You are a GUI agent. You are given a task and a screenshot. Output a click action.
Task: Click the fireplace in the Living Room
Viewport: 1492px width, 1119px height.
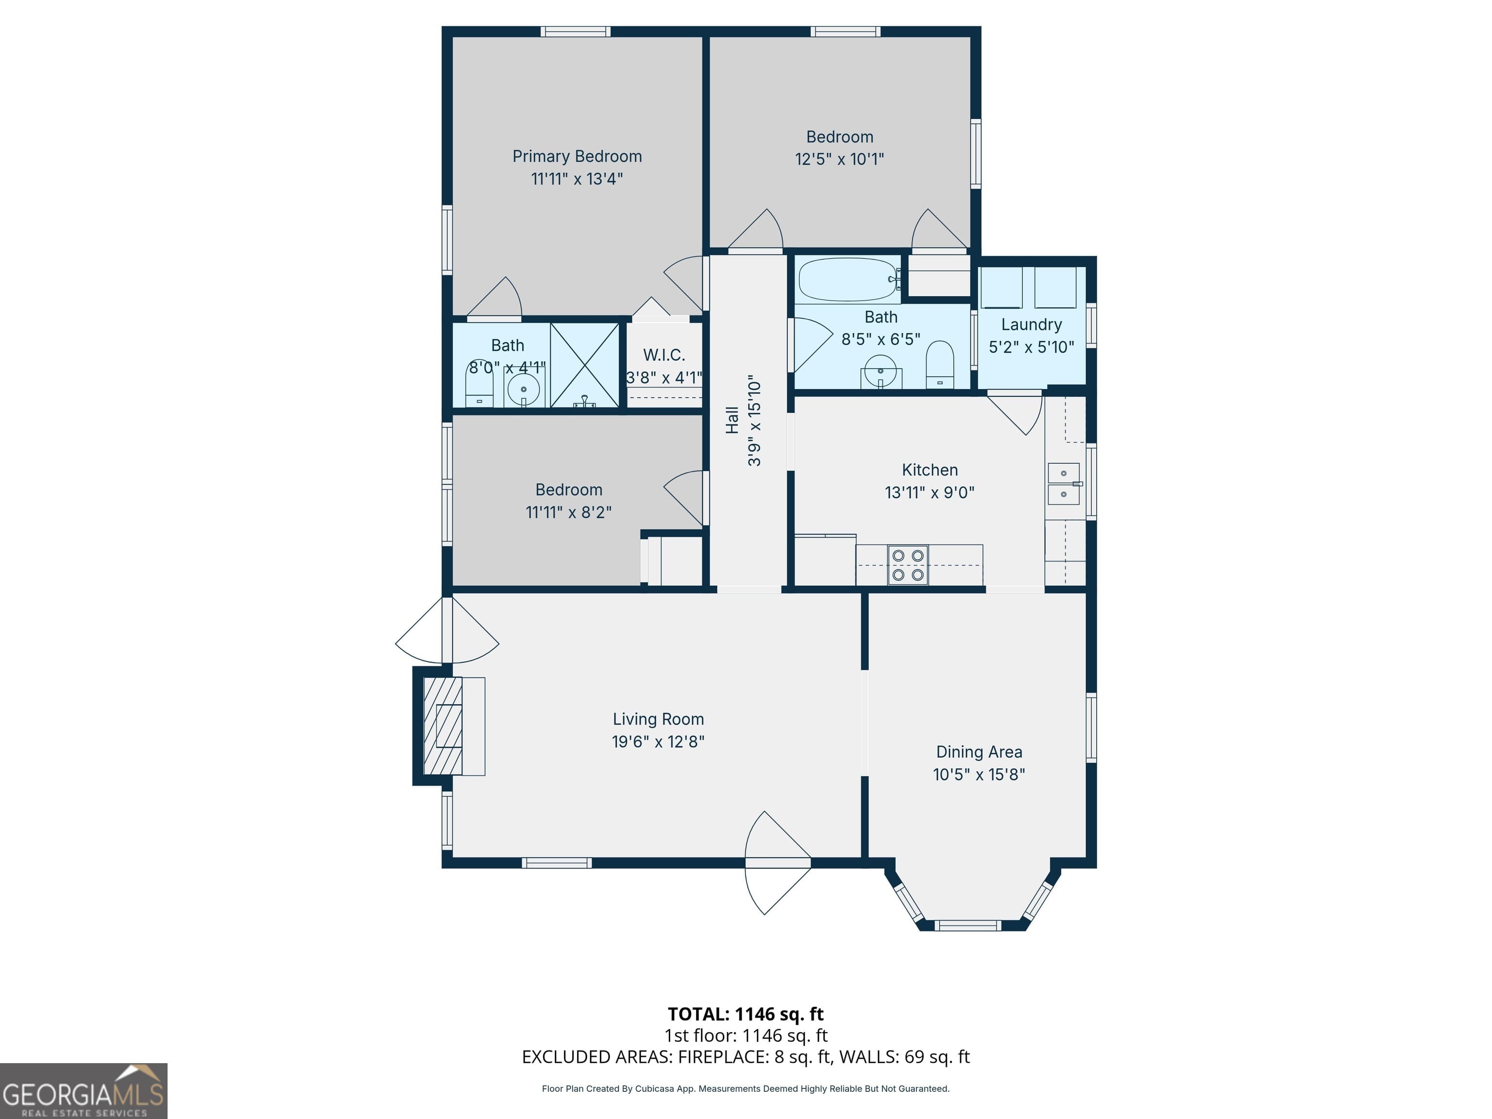(x=443, y=726)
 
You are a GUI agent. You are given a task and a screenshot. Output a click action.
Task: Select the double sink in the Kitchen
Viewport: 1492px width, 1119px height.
(x=1063, y=484)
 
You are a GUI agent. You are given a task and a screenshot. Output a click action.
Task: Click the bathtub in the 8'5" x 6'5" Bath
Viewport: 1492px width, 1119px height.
(x=848, y=279)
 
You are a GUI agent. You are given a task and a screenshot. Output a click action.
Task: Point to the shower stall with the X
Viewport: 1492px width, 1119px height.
(x=585, y=365)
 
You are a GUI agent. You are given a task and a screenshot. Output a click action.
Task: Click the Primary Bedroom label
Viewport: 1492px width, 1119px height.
(x=576, y=156)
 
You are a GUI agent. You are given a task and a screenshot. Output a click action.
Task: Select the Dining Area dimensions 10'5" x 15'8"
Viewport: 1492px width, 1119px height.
(x=979, y=774)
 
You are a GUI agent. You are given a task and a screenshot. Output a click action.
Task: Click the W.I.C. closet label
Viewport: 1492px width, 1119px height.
(x=664, y=355)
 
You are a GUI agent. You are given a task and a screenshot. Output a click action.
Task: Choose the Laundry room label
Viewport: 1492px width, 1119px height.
(x=1031, y=324)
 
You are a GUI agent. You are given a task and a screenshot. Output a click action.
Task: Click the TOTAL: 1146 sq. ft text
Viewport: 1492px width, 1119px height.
(x=746, y=1014)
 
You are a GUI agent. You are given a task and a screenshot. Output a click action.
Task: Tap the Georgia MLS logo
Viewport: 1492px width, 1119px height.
(x=84, y=1091)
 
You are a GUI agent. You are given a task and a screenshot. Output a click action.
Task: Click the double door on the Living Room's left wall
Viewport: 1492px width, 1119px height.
(x=446, y=631)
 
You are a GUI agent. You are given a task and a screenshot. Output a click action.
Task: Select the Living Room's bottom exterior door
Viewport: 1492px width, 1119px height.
(x=777, y=863)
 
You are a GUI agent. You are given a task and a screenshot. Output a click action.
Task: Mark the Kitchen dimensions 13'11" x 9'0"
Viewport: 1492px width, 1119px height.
(x=930, y=492)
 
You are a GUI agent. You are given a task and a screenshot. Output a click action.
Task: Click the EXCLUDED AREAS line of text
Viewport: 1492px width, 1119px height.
(x=746, y=1057)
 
